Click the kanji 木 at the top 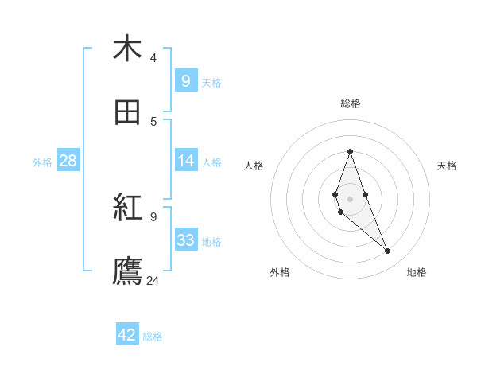[127, 49]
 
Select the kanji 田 [127, 113]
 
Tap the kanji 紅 [127, 209]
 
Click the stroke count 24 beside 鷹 [153, 280]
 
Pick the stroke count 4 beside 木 [153, 57]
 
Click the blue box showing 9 [185, 80]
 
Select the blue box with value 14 [185, 161]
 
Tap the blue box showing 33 [185, 240]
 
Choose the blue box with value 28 [68, 161]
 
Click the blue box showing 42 [127, 335]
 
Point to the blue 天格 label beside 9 [211, 82]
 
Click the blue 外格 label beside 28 [42, 162]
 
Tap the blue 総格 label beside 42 [153, 337]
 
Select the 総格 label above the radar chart [350, 103]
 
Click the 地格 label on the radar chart [417, 272]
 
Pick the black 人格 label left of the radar [254, 166]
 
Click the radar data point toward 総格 [350, 151]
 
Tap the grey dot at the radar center [350, 199]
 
